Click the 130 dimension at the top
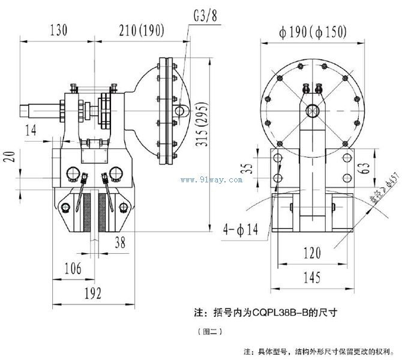(x=58, y=29)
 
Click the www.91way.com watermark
(x=211, y=179)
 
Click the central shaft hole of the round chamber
(x=312, y=110)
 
